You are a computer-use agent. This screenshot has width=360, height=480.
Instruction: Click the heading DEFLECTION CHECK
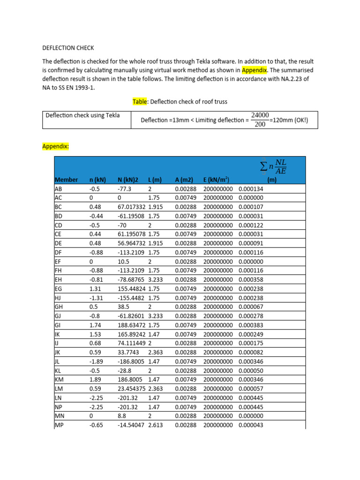click(68, 48)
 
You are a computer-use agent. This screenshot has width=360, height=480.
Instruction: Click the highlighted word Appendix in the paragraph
click(254, 70)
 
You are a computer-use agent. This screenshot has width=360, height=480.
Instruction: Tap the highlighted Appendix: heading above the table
click(56, 146)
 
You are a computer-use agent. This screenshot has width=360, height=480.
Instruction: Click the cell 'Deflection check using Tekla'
click(82, 115)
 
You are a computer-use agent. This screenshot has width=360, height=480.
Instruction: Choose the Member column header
click(66, 180)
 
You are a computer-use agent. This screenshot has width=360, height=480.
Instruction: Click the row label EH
click(58, 279)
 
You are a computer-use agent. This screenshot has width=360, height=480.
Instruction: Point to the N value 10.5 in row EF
click(123, 261)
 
